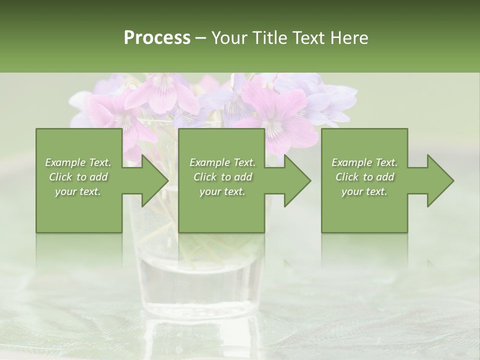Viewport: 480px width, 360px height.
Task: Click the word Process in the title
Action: click(x=157, y=38)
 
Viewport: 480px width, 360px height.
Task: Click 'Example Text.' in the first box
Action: click(x=78, y=162)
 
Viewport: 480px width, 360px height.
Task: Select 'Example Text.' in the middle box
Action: click(x=222, y=162)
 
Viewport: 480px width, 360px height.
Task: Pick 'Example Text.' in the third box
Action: click(x=364, y=162)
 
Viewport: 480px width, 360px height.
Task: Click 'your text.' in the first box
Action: click(x=78, y=191)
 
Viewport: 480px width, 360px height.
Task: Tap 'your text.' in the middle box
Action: click(x=222, y=191)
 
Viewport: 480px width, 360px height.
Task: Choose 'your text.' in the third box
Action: click(x=364, y=191)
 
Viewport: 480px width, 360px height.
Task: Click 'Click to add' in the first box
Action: click(x=78, y=177)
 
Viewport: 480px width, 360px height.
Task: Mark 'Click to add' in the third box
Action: click(x=364, y=177)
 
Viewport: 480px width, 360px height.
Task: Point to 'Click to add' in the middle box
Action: click(x=222, y=177)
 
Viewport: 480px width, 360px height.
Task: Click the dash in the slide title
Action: click(x=200, y=38)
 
